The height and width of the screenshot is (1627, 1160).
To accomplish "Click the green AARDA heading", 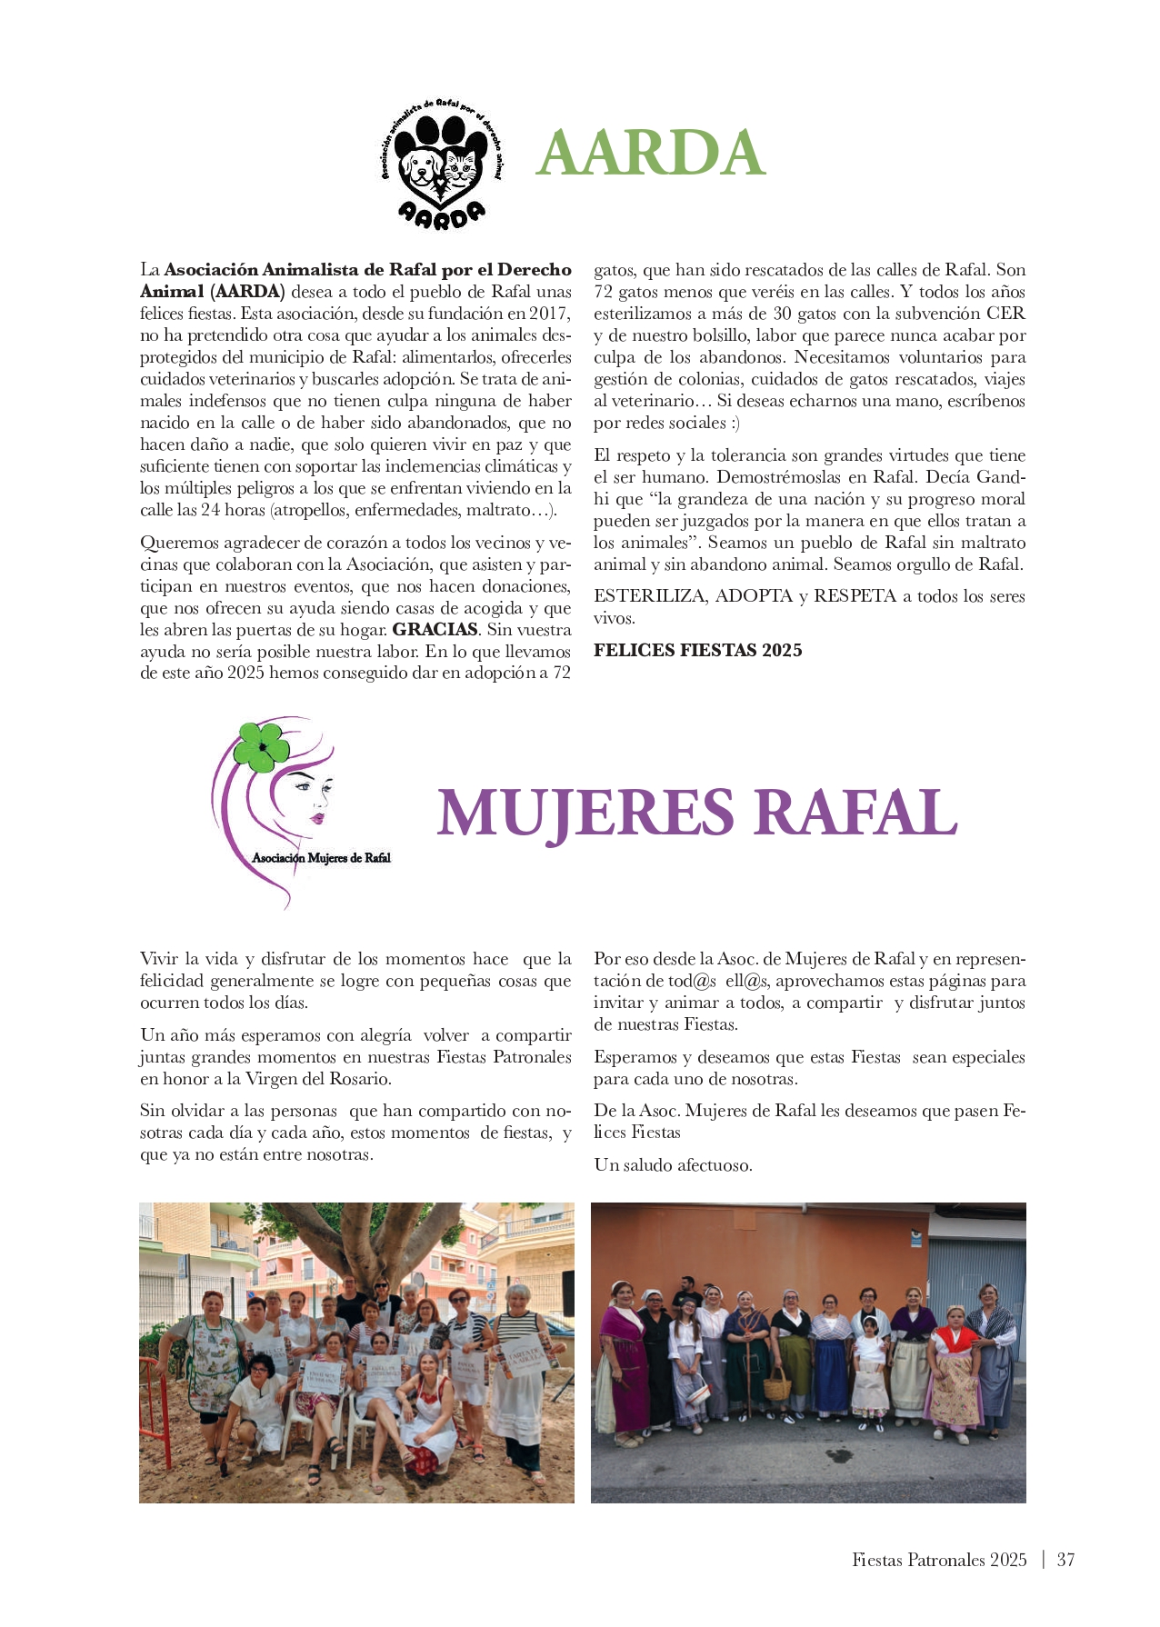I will pyautogui.click(x=650, y=153).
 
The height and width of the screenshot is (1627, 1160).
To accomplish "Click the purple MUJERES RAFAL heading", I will pyautogui.click(x=696, y=812).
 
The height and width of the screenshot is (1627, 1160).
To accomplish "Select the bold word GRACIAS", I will pyautogui.click(x=435, y=630).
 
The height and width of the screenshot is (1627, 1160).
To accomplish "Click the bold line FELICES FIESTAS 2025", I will pyautogui.click(x=697, y=650).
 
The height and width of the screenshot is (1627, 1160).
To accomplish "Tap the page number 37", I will pyautogui.click(x=1065, y=1560).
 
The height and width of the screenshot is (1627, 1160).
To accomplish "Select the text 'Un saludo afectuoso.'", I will pyautogui.click(x=673, y=1165).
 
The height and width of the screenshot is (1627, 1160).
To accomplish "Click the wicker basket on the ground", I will pyautogui.click(x=776, y=1384).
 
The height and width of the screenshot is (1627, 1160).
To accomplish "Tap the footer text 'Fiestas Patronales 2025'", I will pyautogui.click(x=939, y=1560).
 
